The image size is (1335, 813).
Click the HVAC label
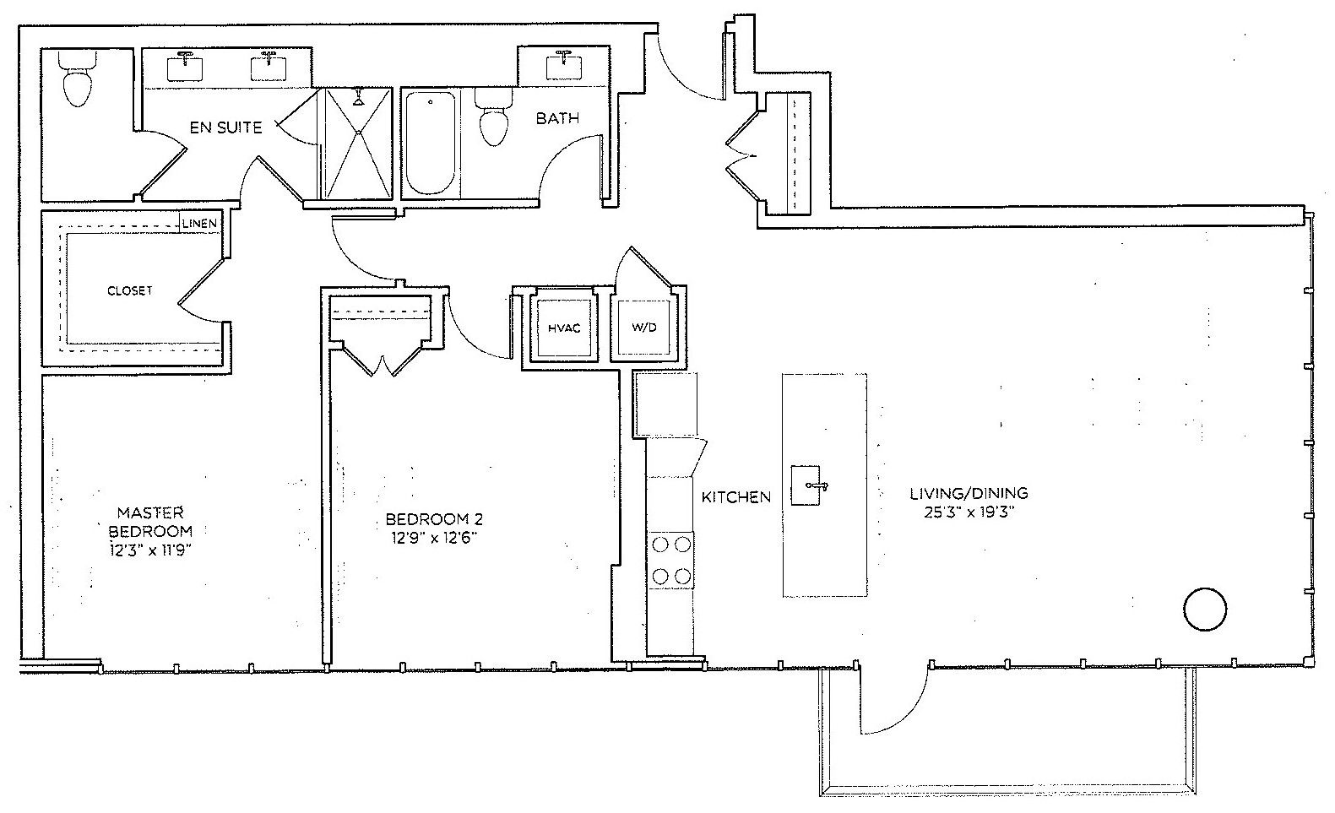[564, 328]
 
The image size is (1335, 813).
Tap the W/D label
[643, 328]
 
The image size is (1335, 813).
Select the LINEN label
[199, 224]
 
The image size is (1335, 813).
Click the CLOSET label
[129, 291]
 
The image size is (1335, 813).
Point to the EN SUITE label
[225, 127]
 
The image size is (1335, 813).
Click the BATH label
[557, 118]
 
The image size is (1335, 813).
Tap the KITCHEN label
[736, 496]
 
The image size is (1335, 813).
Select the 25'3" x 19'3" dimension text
[969, 512]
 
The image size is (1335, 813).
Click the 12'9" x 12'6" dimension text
[434, 538]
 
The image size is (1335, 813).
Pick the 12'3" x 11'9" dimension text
[149, 550]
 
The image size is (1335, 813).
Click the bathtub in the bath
[431, 143]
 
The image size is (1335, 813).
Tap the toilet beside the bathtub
[493, 117]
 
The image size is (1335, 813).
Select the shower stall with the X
[357, 143]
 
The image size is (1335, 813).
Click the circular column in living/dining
[1204, 610]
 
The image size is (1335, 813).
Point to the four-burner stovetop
[671, 561]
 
